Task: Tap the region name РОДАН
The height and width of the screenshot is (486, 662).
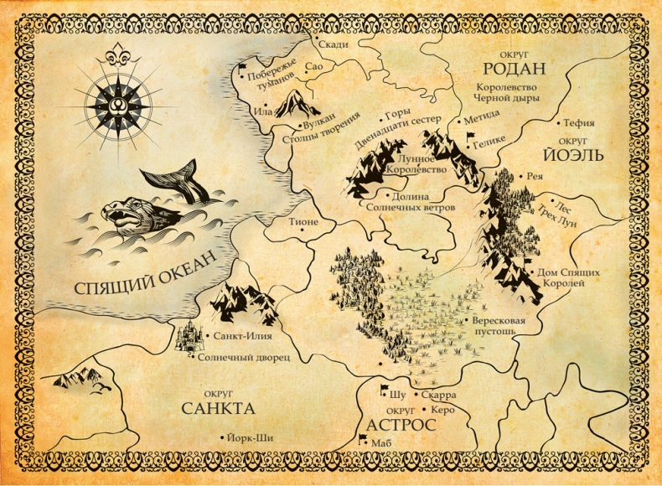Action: click(x=514, y=68)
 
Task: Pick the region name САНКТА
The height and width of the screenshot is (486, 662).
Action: click(x=217, y=409)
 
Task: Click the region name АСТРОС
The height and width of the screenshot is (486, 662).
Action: click(x=399, y=425)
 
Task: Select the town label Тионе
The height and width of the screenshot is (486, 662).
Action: click(x=303, y=222)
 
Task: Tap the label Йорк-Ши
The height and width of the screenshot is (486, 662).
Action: click(x=251, y=437)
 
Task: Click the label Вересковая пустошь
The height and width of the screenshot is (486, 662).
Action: click(x=499, y=326)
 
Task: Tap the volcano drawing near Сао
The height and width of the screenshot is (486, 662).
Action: click(x=293, y=104)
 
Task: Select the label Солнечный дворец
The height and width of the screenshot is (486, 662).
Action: click(x=244, y=357)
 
